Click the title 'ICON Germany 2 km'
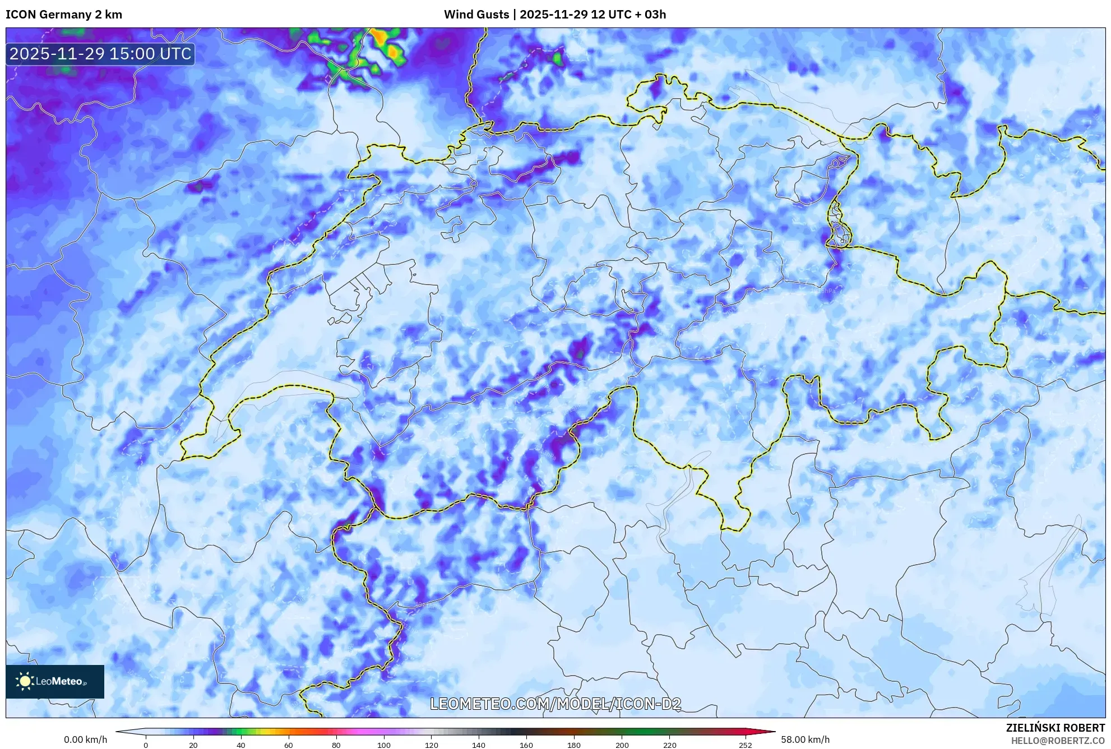tap(64, 15)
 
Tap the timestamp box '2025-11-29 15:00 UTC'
tap(101, 54)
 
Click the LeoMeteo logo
tap(55, 681)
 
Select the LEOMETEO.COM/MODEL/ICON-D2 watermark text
tap(555, 704)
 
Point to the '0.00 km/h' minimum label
tap(85, 739)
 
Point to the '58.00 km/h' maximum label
tap(805, 739)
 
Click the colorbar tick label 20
tap(193, 745)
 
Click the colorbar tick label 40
tap(241, 745)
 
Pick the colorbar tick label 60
tap(288, 745)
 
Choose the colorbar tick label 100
tap(383, 745)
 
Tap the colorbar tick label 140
tap(479, 745)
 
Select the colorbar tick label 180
tap(574, 745)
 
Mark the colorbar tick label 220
tap(669, 745)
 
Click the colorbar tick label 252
tap(746, 745)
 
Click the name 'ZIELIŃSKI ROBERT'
tap(1056, 728)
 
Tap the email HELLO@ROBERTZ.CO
tap(1058, 741)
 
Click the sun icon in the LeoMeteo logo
tap(25, 681)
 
